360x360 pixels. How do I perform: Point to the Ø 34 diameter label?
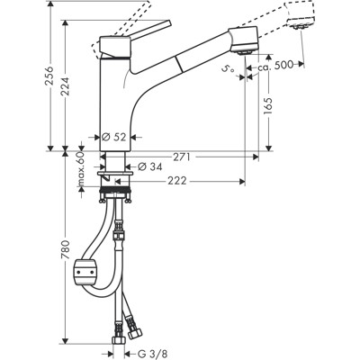tap(147, 166)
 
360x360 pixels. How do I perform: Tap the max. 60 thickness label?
tap(81, 169)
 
